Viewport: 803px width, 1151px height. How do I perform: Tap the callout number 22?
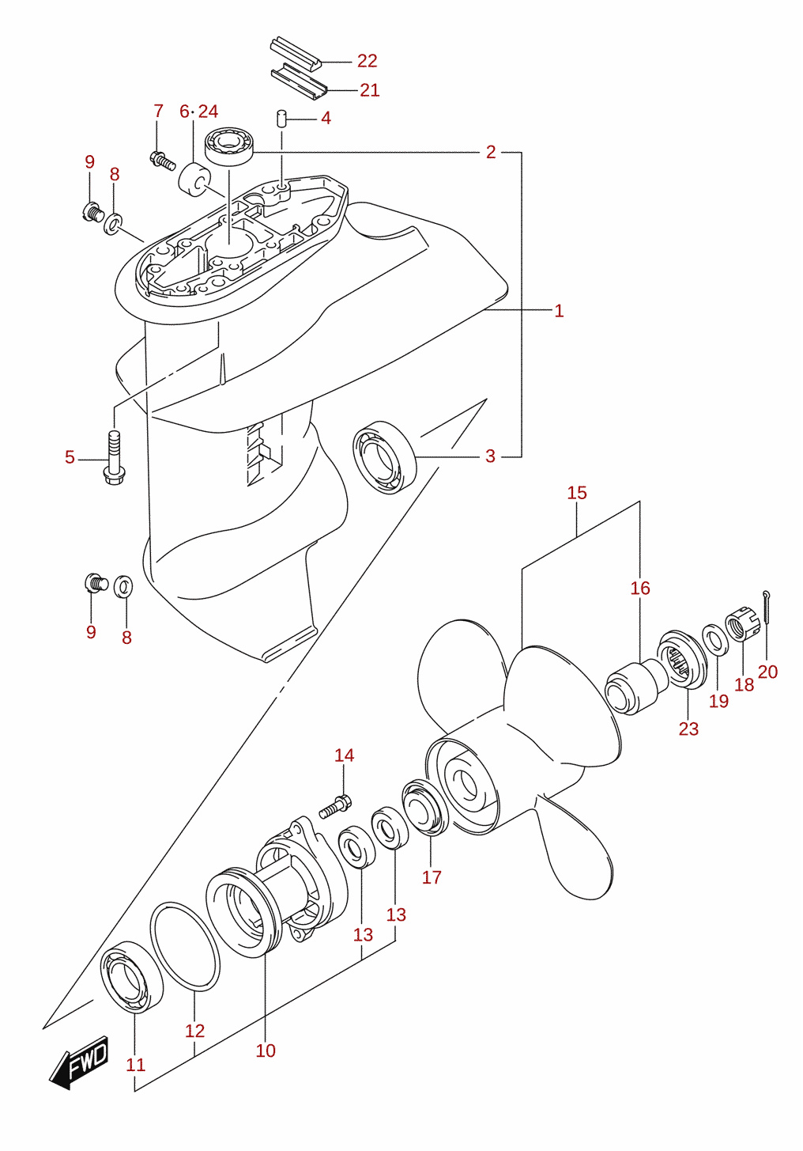pos(367,61)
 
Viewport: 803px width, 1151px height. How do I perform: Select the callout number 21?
pos(369,90)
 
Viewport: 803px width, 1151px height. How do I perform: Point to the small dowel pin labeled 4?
pos(281,118)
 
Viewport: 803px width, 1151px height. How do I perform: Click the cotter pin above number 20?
pos(766,606)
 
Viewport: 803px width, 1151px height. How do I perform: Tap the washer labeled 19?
pos(714,640)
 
